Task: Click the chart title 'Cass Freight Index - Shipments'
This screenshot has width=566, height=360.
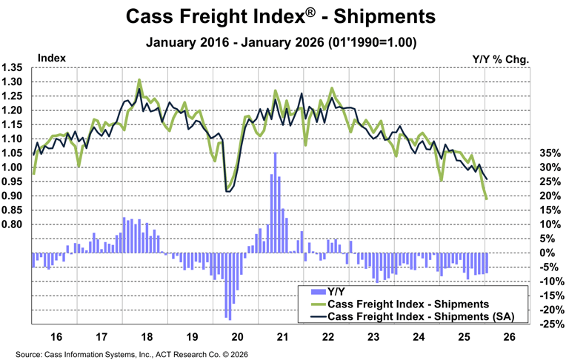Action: point(282,16)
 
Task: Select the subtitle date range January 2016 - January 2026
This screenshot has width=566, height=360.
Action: point(282,42)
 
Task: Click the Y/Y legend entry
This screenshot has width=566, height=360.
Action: point(336,291)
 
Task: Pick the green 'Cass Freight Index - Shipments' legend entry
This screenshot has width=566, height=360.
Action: point(407,304)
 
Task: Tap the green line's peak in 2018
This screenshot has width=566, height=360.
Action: point(139,80)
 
